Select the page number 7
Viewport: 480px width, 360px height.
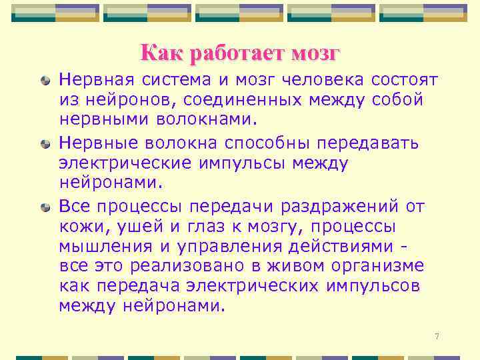[x=437, y=336]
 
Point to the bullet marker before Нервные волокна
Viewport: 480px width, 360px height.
[x=45, y=144]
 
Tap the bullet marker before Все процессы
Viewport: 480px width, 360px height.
[x=45, y=207]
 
